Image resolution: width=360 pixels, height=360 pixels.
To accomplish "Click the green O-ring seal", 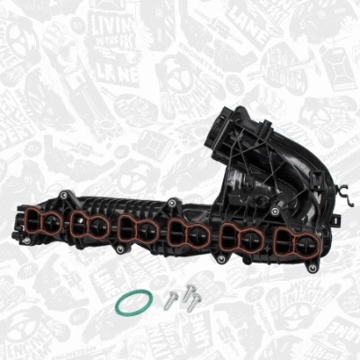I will point(133,304).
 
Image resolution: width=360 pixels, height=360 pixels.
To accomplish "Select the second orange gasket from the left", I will point(88,228).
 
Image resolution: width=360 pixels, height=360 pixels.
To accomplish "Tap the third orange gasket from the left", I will point(136,231).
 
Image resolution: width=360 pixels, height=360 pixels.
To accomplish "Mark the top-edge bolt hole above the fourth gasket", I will point(168,202).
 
